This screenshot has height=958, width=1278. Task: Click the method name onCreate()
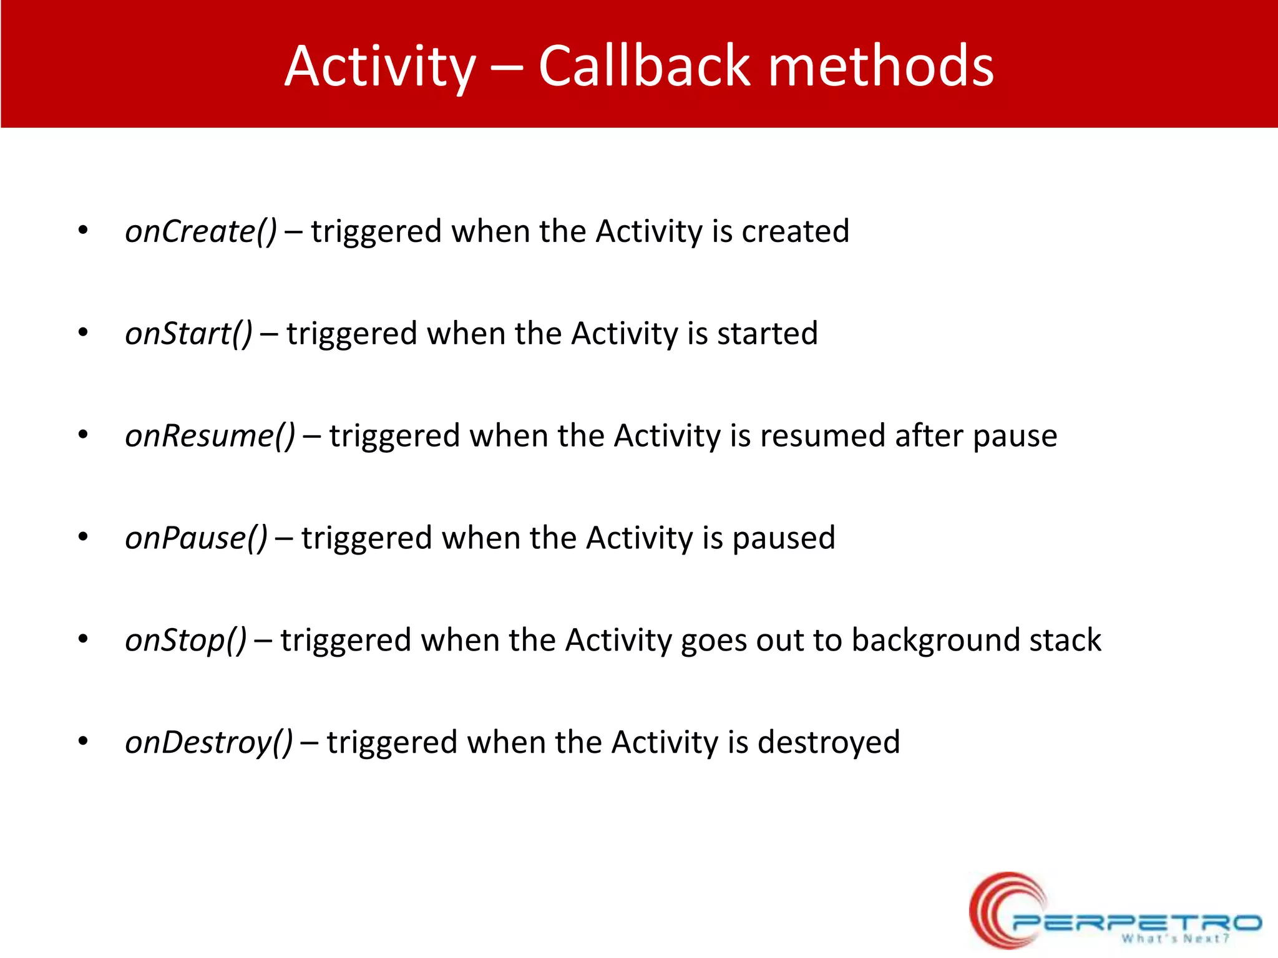pos(200,231)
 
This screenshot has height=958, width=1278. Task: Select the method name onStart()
pos(188,334)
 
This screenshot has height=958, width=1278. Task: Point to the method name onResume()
pos(210,436)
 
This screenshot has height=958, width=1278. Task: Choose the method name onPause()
pos(196,538)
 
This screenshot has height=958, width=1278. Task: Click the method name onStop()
pos(185,641)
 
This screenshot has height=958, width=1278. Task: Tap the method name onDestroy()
pos(208,743)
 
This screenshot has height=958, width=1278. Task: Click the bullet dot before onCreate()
pos(83,231)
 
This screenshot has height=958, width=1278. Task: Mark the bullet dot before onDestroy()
pos(83,742)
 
